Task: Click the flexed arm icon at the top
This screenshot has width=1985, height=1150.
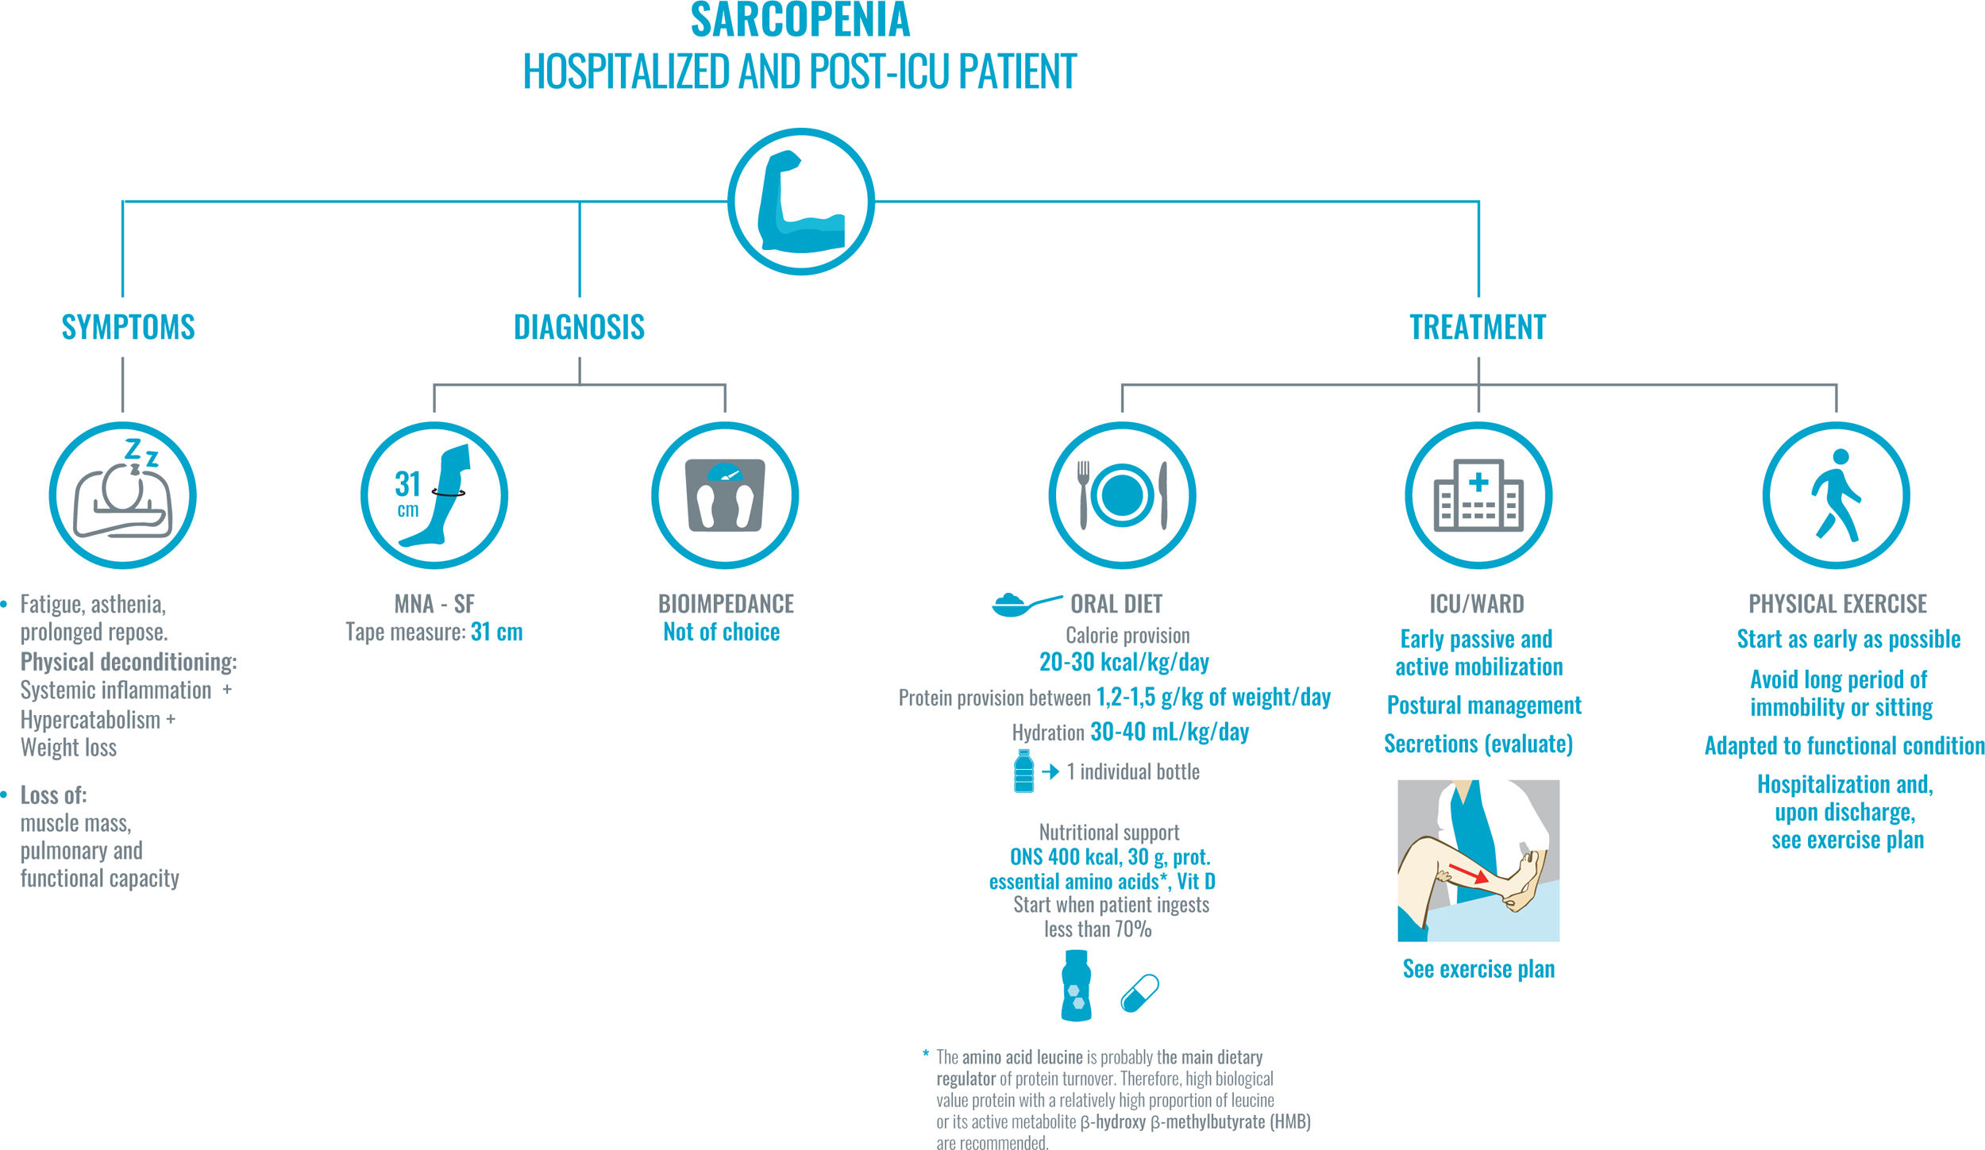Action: [801, 202]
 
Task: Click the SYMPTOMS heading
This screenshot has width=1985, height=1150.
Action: [128, 327]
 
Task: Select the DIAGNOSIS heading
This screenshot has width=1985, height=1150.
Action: [579, 327]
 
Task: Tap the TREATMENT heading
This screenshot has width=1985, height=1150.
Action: [1478, 327]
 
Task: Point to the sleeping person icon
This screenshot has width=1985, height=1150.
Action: [123, 495]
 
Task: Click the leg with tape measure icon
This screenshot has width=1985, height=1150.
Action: [434, 495]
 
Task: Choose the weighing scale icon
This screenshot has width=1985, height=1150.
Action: [725, 495]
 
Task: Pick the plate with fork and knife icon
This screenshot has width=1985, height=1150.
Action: [1122, 495]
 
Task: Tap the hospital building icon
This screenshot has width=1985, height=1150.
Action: [1478, 495]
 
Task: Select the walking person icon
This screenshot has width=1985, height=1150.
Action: [1836, 495]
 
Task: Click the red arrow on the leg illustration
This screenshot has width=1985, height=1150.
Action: [1468, 873]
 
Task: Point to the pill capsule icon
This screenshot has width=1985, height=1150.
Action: [1139, 993]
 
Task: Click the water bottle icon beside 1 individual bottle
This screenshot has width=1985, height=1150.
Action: [1024, 771]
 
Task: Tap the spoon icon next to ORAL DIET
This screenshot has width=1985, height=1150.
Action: [1024, 605]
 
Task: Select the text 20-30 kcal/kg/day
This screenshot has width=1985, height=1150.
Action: [1124, 662]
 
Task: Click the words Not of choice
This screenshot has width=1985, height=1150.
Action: [721, 632]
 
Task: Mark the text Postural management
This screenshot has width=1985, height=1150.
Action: [1483, 705]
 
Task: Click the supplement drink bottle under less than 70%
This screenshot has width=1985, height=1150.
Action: [1076, 986]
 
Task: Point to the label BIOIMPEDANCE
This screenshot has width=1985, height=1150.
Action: [726, 604]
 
